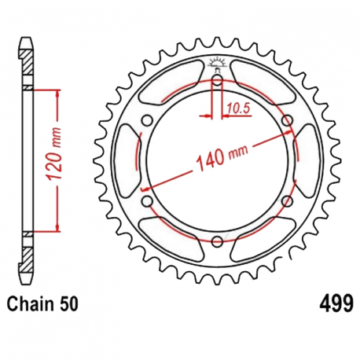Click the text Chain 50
point(43,303)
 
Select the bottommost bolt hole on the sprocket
point(217,242)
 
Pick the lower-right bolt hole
point(288,201)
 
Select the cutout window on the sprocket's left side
point(128,160)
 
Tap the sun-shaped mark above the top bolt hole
point(217,64)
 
